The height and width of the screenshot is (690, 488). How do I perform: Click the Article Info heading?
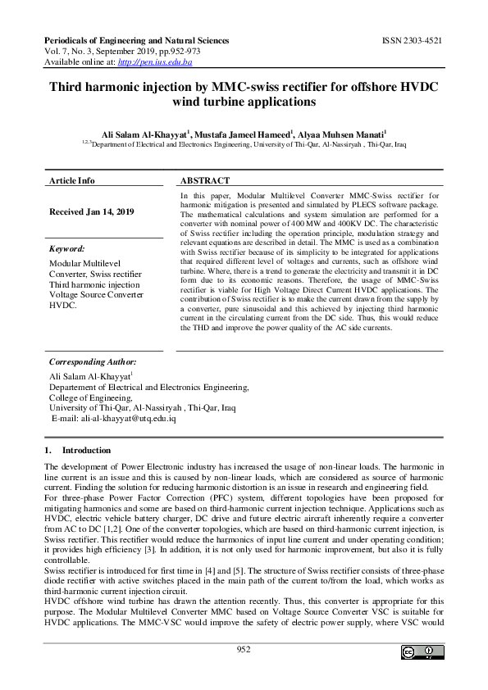[x=71, y=180]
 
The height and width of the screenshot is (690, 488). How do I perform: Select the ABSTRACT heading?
[x=204, y=180]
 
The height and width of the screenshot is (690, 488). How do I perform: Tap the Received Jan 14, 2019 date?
[x=91, y=211]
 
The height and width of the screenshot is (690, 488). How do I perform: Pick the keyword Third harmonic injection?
[x=94, y=284]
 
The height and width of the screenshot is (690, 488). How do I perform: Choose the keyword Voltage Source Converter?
[x=97, y=295]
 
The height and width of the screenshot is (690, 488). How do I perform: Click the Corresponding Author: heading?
[x=93, y=361]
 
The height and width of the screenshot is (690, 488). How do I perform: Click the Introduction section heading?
[x=86, y=450]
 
